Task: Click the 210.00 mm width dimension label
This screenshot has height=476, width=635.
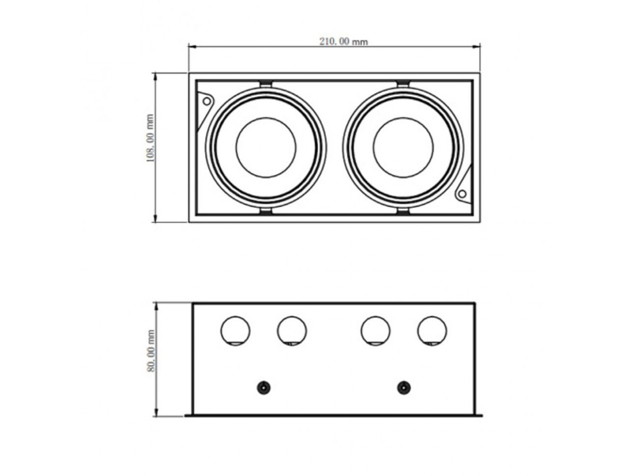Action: (344, 42)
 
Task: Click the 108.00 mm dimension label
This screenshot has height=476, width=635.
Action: (150, 138)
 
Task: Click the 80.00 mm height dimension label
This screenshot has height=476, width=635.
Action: (151, 351)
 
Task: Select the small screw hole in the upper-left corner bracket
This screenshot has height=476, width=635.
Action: (207, 101)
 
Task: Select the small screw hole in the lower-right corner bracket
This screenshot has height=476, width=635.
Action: (462, 194)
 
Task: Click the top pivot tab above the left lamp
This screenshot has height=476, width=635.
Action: (266, 84)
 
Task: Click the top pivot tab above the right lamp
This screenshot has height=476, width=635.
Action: (403, 84)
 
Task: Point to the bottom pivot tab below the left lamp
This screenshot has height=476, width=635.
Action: (266, 212)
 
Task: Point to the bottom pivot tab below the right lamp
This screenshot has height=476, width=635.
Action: (403, 212)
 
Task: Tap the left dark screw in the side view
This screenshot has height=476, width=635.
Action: (264, 388)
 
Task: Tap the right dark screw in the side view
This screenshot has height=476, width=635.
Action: (404, 388)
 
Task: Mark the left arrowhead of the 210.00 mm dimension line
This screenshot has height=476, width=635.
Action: (192, 47)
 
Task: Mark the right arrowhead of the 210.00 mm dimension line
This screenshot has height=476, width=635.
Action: (476, 47)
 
